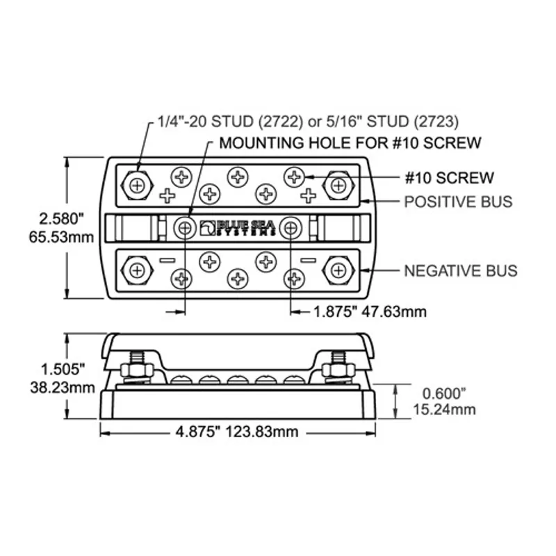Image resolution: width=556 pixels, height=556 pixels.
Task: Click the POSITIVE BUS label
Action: pos(458,202)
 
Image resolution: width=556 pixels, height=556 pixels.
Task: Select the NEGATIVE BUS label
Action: pos(461,271)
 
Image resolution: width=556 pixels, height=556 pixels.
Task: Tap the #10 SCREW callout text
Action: pos(450,178)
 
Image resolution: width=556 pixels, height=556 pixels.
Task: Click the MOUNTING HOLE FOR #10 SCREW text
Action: pos(350,143)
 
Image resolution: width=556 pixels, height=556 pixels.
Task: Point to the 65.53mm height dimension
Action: pos(61,237)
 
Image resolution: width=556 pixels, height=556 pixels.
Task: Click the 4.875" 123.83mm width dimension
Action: pos(237,432)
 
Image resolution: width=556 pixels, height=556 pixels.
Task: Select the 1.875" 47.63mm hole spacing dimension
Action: pos(370,311)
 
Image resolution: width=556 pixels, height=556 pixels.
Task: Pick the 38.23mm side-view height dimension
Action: pos(63,387)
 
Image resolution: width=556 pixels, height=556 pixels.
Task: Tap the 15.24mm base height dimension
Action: pos(444,409)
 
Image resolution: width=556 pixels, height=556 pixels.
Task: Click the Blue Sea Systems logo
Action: pos(238,228)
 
